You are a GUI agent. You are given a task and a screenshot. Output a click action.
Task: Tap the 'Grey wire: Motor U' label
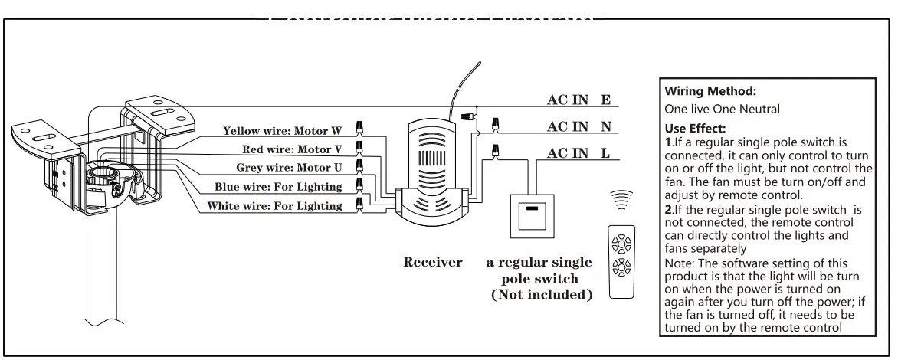[290, 167]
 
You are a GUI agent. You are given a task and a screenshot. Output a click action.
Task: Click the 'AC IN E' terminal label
[578, 100]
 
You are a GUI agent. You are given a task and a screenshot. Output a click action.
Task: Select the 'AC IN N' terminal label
[578, 126]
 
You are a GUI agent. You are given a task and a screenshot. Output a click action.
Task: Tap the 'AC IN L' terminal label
[578, 153]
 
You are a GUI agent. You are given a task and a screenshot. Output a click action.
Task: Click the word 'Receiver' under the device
[433, 263]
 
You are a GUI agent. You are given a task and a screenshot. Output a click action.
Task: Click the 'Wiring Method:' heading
[700, 91]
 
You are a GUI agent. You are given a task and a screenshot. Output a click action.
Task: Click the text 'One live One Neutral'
[723, 109]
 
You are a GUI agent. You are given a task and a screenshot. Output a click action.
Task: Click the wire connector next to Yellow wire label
[359, 128]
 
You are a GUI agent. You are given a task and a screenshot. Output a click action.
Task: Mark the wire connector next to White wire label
[359, 203]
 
